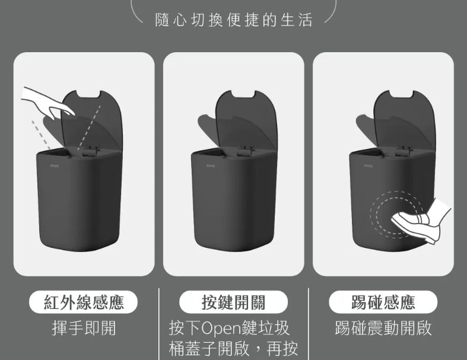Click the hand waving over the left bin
47,103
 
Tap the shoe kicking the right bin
421,221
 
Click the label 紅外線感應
84,302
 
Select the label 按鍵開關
234,302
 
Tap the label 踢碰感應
383,302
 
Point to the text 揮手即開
84,328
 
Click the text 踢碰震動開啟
383,328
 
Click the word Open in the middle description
222,329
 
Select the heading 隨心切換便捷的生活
234,20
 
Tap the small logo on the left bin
55,165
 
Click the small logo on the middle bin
211,165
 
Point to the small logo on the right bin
368,165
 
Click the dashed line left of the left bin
41,135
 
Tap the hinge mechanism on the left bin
91,151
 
